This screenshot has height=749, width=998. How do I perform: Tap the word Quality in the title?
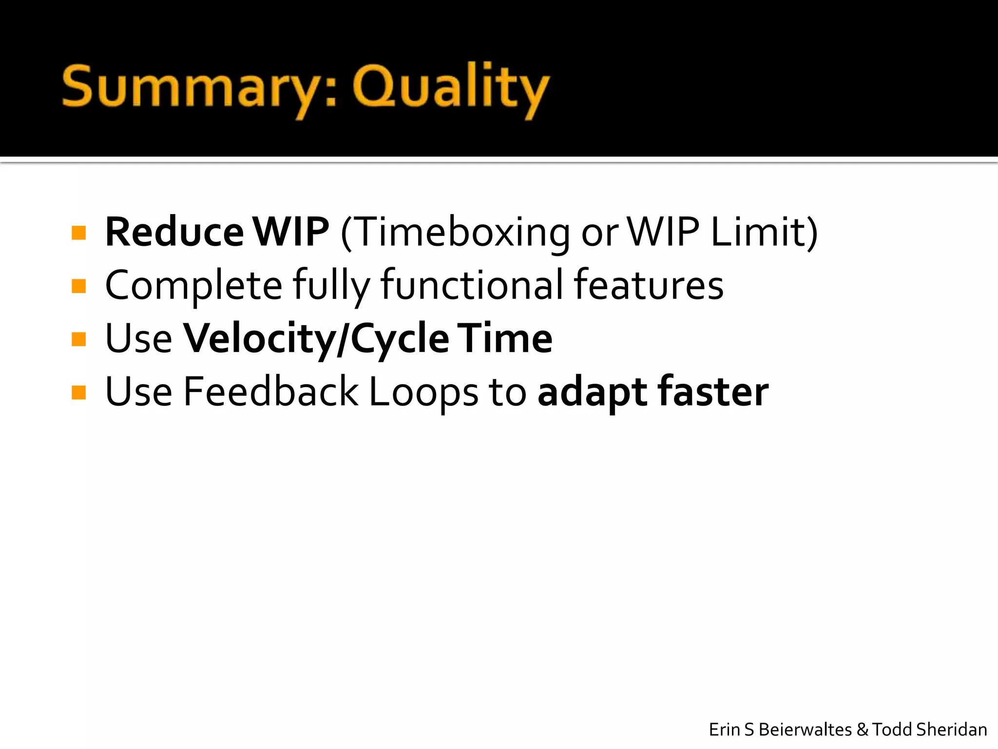coord(451,88)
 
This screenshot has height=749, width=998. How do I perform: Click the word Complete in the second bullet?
coord(193,286)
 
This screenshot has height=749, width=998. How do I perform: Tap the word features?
coord(648,285)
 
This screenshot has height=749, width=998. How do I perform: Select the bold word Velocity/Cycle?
coord(316,339)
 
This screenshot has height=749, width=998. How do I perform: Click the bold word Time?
coord(506,338)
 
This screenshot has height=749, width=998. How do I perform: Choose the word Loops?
coord(423,393)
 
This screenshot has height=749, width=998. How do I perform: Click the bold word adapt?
coord(592,393)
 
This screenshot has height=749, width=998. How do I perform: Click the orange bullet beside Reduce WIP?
coord(78,233)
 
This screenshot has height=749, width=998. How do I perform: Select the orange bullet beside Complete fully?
coord(78,286)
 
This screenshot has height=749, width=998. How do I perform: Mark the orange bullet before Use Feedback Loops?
coord(78,392)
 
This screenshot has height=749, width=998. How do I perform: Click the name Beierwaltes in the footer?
coord(805,729)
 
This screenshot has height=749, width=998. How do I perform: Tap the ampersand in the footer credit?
coord(862,729)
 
